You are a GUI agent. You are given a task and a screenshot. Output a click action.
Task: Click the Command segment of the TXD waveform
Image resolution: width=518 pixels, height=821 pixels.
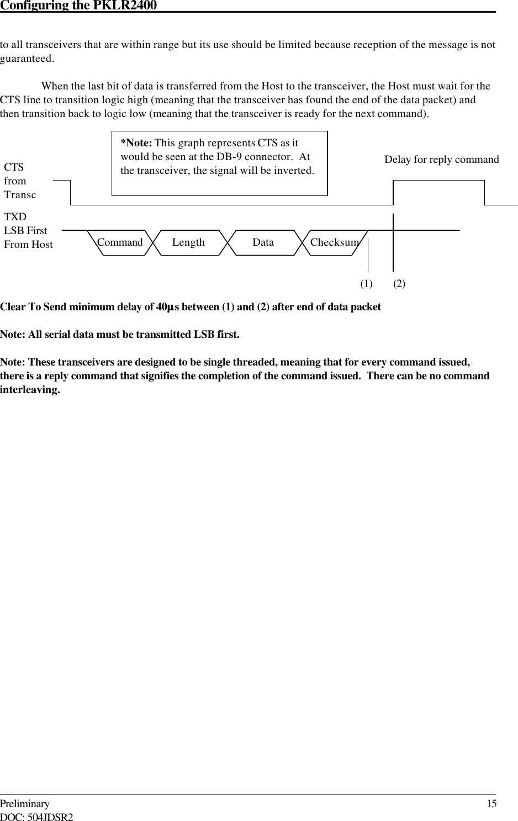pos(119,242)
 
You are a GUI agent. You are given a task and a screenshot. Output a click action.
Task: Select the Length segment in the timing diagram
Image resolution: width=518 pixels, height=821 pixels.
pos(188,242)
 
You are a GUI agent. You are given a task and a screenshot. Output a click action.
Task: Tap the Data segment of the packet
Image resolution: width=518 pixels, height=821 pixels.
pos(263,242)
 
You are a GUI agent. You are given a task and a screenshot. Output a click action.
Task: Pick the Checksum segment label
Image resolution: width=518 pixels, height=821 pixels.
pos(334,242)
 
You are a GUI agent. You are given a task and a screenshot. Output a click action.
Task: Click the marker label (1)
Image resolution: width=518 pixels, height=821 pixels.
pos(366,284)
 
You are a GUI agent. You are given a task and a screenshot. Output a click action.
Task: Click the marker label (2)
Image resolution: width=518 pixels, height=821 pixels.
pos(399,284)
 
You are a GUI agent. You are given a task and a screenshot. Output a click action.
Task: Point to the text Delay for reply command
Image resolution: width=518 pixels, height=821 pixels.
pos(441,160)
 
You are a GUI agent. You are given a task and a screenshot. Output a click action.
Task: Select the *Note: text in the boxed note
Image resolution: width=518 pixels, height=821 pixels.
pos(136,143)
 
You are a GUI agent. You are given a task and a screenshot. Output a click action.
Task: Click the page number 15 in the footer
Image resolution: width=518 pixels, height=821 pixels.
pos(491,804)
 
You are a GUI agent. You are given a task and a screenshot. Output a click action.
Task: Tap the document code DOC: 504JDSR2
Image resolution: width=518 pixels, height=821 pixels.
pos(36,817)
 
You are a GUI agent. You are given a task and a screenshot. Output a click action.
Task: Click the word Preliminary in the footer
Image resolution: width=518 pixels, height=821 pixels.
pos(25,804)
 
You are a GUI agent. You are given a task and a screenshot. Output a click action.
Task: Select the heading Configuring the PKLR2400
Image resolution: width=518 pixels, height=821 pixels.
pos(78,6)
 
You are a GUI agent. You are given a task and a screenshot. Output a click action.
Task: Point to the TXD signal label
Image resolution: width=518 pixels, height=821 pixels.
pos(15,217)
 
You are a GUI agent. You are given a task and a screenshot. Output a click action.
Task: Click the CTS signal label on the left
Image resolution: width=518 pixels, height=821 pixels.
pos(14,167)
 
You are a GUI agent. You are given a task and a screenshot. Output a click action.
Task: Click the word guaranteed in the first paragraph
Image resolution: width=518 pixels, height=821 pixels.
pos(26,59)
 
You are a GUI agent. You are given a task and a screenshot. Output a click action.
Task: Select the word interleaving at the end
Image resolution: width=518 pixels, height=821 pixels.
pos(29,390)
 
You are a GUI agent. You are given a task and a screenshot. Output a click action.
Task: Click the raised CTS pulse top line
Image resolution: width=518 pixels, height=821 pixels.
pos(438,181)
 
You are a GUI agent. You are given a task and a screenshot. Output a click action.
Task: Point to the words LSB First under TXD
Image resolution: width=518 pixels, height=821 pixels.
pos(25,231)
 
